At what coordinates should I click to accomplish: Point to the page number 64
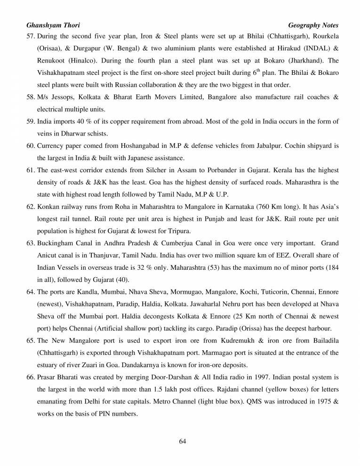(183, 441)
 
